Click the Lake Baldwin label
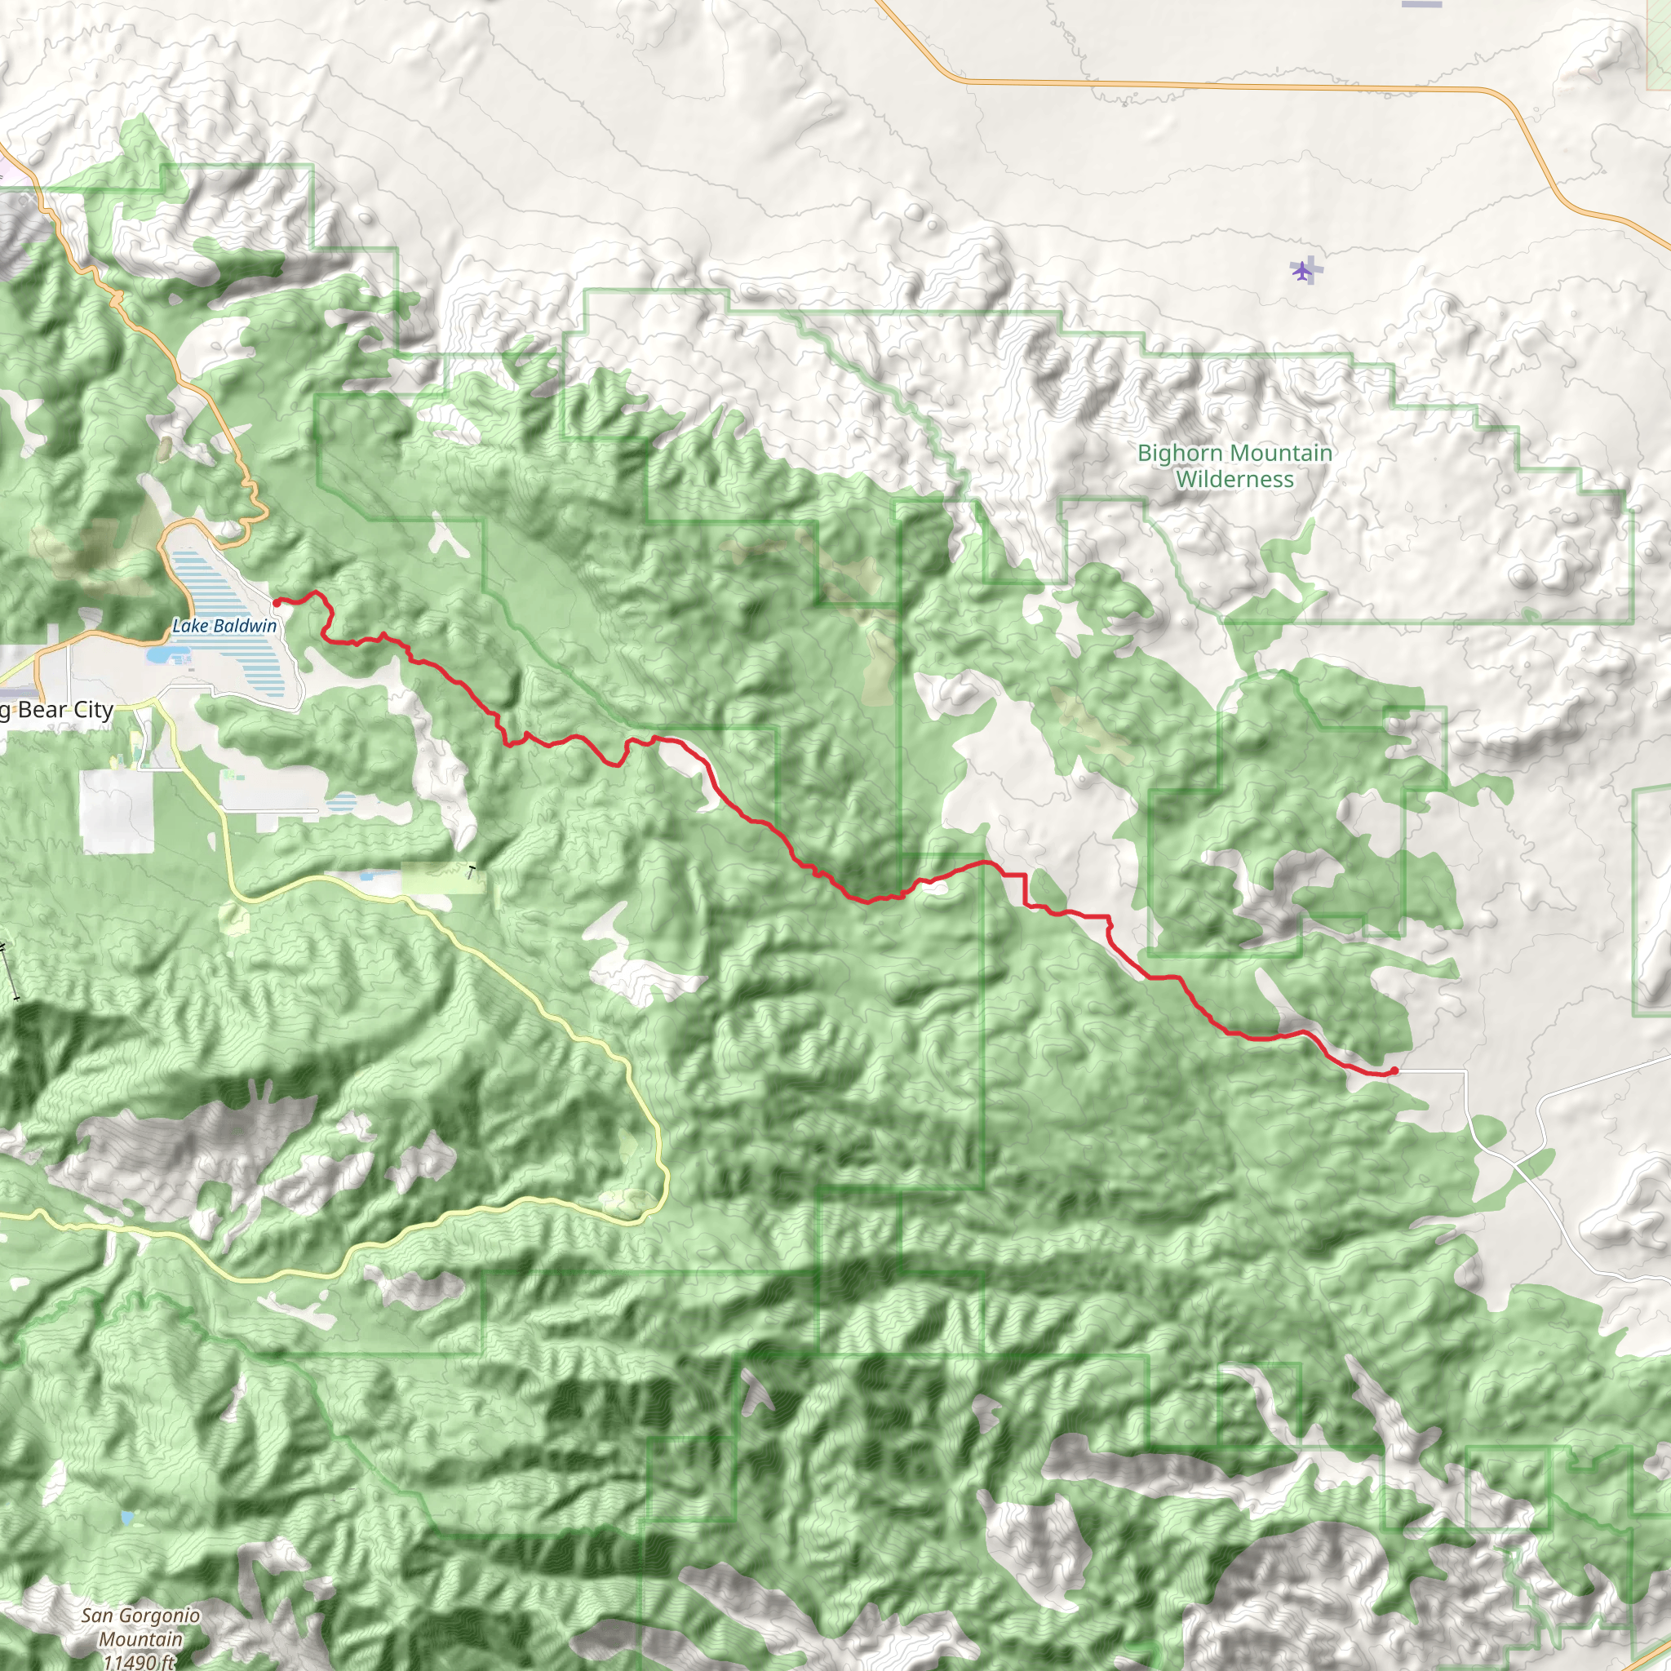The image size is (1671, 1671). pos(224,625)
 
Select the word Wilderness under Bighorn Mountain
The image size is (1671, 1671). pos(1234,480)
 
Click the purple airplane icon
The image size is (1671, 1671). pos(1302,271)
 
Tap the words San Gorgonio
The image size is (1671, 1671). pos(141,1616)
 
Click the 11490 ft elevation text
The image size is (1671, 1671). pos(139,1661)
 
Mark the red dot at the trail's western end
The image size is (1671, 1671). pos(277,603)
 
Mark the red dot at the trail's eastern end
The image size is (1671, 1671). pos(1395,1070)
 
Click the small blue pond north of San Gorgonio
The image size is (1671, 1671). pos(128,1518)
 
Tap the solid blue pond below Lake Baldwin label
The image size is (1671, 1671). pos(158,656)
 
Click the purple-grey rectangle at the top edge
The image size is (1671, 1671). pos(1422,3)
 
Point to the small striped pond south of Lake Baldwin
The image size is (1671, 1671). pos(343,802)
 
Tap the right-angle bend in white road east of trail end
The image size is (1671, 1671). pos(1465,1071)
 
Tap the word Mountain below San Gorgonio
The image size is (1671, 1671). pos(140,1639)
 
